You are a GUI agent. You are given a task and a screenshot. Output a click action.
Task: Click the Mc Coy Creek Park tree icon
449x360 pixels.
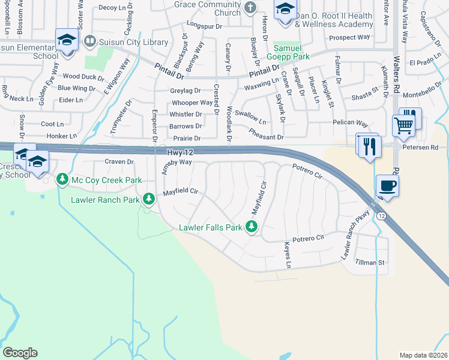pyautogui.click(x=62, y=179)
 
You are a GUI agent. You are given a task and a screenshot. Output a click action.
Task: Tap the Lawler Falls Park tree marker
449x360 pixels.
pyautogui.click(x=253, y=227)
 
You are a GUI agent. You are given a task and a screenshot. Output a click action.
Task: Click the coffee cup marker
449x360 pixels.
pyautogui.click(x=387, y=185)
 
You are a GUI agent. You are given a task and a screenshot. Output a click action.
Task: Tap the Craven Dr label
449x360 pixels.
pyautogui.click(x=119, y=162)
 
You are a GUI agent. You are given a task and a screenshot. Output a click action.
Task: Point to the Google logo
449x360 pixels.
pyautogui.click(x=20, y=353)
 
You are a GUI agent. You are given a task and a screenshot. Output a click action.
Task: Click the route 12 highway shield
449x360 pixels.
pyautogui.click(x=380, y=215)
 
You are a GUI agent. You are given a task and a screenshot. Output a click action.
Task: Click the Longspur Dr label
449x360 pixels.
pyautogui.click(x=204, y=26)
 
